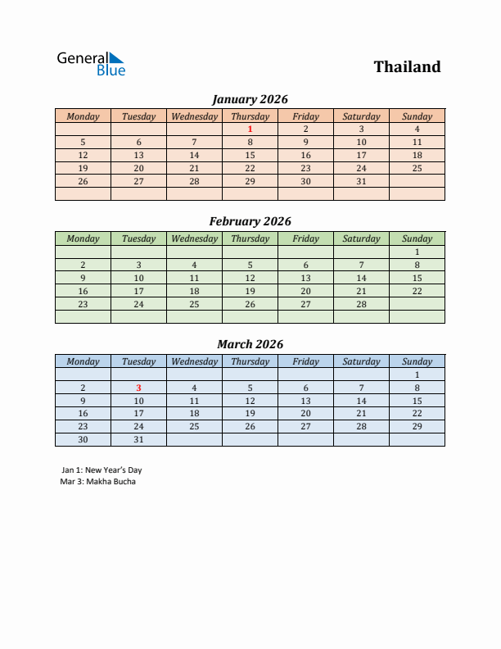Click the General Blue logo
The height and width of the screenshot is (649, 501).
coord(91,64)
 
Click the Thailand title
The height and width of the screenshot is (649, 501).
coord(407,67)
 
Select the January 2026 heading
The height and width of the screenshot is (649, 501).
coord(250,99)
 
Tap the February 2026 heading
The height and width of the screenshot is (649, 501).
coord(250,221)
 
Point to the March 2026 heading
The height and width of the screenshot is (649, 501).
coord(250,344)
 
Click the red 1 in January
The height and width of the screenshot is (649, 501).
coord(250,129)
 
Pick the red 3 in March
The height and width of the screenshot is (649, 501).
coord(138,388)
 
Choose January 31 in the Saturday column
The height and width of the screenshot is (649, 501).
coord(361,181)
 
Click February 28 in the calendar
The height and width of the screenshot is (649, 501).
coord(361,304)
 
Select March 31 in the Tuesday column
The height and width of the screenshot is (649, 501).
coord(138,440)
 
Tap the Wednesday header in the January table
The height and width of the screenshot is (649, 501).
coord(194,116)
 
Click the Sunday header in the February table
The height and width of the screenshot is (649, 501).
coord(417,238)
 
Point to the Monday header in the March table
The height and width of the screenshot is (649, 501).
coord(83,361)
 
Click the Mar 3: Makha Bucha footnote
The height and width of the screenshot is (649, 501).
coord(98,481)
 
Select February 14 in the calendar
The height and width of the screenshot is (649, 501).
coord(361,278)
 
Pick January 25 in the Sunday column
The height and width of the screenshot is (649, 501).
coord(417,168)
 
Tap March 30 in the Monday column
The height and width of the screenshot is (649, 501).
coord(83,440)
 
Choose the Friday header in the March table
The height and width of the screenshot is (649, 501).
coord(305,361)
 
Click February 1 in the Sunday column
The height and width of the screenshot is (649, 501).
coord(417,252)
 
